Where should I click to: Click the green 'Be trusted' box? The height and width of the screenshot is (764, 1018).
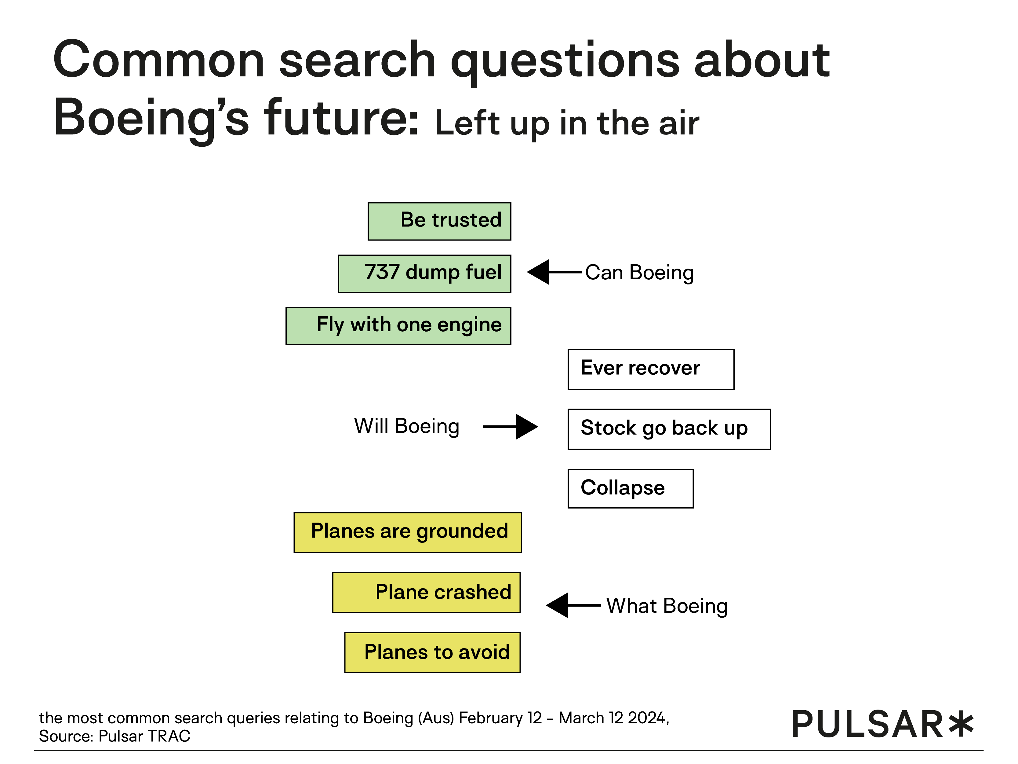tap(439, 221)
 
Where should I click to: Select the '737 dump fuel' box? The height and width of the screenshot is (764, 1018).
tap(424, 274)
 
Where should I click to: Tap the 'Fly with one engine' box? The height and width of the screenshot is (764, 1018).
tap(398, 326)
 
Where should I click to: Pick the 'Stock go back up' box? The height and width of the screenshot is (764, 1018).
tap(669, 429)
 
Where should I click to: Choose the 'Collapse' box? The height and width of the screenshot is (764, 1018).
tap(631, 489)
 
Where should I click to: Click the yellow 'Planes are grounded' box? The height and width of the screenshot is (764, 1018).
tap(408, 532)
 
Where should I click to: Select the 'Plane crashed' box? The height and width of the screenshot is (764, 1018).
tap(426, 593)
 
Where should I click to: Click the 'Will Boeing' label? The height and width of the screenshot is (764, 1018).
tap(407, 426)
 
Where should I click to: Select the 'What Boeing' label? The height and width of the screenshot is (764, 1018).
tap(667, 606)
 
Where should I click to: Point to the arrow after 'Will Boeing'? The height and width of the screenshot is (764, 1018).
tap(511, 427)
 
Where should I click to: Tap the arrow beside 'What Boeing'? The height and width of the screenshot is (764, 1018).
tap(573, 605)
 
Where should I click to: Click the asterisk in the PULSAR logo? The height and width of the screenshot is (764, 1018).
tap(961, 723)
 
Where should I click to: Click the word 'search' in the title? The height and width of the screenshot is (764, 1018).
tap(358, 61)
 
